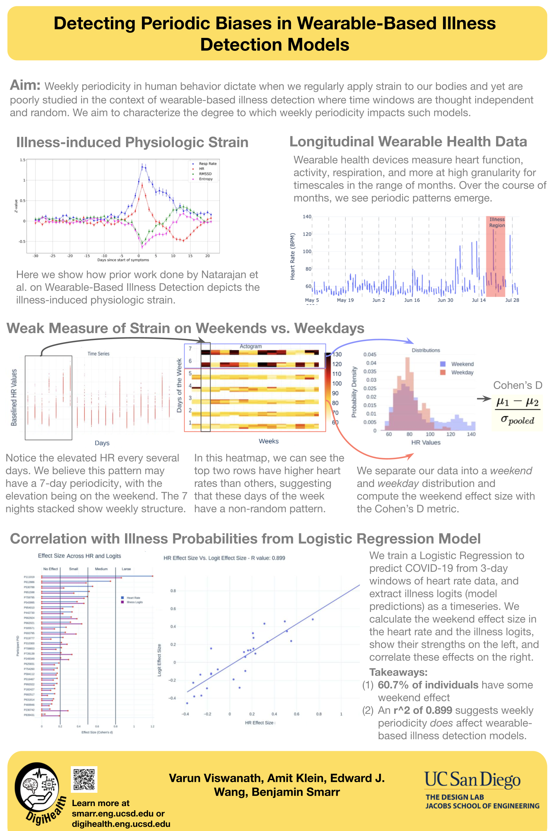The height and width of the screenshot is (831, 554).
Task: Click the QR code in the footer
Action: point(84,779)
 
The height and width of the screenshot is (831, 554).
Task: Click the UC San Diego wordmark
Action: point(472,780)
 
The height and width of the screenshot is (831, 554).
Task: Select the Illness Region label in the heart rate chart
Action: point(497,222)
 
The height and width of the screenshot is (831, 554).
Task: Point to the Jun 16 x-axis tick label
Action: point(412,300)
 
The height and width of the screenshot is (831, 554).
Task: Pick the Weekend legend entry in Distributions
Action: point(462,364)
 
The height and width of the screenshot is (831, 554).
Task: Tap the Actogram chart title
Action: point(250,346)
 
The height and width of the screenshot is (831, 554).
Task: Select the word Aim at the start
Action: point(25,85)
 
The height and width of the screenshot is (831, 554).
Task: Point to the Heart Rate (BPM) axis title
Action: point(293,256)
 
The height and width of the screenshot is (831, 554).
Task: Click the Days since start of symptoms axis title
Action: point(123,260)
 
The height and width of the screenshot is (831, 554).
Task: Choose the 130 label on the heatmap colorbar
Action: point(337,354)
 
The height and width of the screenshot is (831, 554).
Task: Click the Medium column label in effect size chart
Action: point(101,569)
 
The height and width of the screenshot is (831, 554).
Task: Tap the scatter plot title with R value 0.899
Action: point(224,558)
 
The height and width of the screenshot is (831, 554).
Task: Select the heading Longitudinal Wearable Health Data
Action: point(408,142)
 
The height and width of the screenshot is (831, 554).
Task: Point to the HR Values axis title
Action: point(426,442)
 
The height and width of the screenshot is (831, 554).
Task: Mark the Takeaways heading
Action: point(398,672)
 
